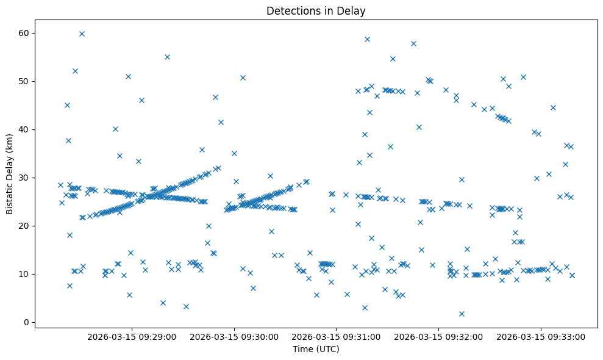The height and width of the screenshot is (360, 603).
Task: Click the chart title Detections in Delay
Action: [x=316, y=10]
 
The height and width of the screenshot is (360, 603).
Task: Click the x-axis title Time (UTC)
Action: [x=316, y=349]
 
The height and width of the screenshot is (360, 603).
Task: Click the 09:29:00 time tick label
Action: [x=132, y=336]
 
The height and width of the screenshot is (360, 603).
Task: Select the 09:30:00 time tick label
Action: [x=234, y=336]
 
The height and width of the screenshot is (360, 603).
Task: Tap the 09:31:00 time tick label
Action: [x=335, y=336]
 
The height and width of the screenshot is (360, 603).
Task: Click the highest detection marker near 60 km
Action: [x=82, y=34]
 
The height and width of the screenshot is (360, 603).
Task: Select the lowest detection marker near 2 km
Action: [x=462, y=314]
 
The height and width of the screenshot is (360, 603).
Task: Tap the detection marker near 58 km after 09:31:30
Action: [x=413, y=43]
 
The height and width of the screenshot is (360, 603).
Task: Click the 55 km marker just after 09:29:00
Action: [x=167, y=57]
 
